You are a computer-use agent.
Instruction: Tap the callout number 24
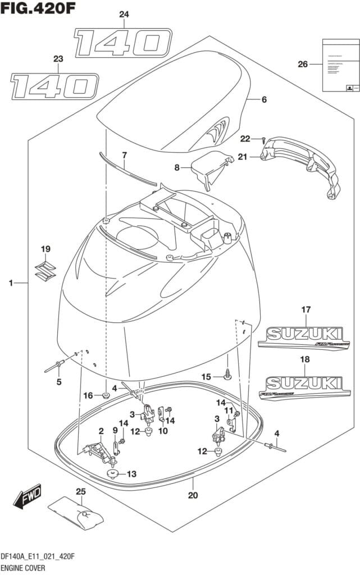pos(124,14)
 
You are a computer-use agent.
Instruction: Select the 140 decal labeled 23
pos(55,86)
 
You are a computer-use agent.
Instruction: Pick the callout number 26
pos(303,64)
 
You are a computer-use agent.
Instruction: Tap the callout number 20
pos(193,496)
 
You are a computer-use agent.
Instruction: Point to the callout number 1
pos(11,284)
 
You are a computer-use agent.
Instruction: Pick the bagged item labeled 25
pos(75,513)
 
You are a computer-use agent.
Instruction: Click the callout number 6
pos(263,100)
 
